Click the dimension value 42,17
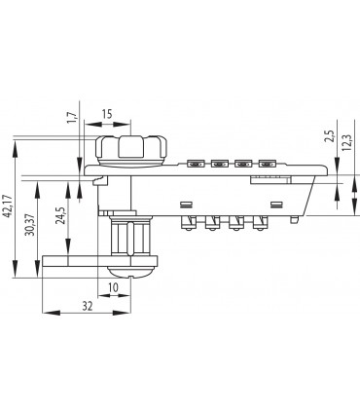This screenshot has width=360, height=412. pyautogui.click(x=8, y=206)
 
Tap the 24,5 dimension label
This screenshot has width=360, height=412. pyautogui.click(x=60, y=215)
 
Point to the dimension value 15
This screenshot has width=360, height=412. pyautogui.click(x=107, y=114)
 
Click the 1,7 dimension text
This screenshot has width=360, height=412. pyautogui.click(x=72, y=117)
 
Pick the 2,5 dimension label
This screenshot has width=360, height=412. pyautogui.click(x=329, y=136)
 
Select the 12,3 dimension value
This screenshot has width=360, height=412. pyautogui.click(x=346, y=142)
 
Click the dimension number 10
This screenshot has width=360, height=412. pyautogui.click(x=114, y=287)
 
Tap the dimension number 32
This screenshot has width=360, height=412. pyautogui.click(x=87, y=306)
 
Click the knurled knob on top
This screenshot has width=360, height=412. pyautogui.click(x=131, y=151)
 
